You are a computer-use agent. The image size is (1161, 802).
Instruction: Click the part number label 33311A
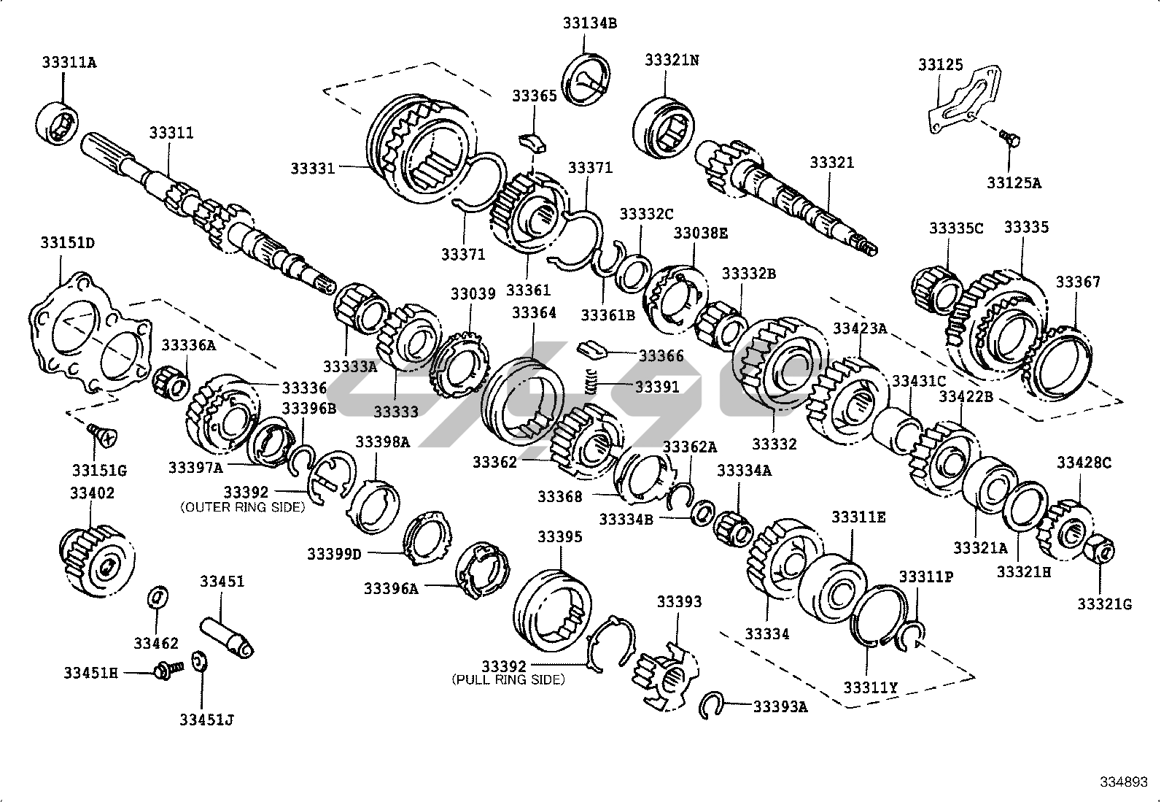tap(69, 62)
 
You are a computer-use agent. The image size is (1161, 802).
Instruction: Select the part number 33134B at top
tap(589, 23)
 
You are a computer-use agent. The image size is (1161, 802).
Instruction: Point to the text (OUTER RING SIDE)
tap(242, 506)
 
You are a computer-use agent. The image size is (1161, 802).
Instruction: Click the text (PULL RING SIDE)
tap(508, 679)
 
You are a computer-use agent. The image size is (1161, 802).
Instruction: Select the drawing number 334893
tap(1127, 782)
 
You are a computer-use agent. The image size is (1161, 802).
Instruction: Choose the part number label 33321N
tap(671, 59)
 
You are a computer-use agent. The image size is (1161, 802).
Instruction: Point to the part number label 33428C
tap(1084, 462)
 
